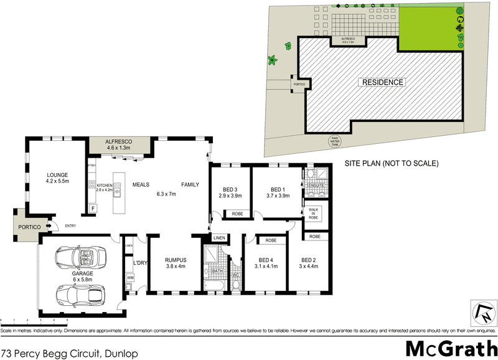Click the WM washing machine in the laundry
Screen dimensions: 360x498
click(131, 278)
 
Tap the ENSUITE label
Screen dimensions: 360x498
click(315, 186)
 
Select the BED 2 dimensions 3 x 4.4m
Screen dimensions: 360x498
click(309, 267)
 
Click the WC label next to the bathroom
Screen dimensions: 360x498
click(235, 275)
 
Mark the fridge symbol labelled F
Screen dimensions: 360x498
click(93, 207)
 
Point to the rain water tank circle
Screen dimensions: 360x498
click(336, 141)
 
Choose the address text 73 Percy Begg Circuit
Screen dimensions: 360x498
click(68, 353)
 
